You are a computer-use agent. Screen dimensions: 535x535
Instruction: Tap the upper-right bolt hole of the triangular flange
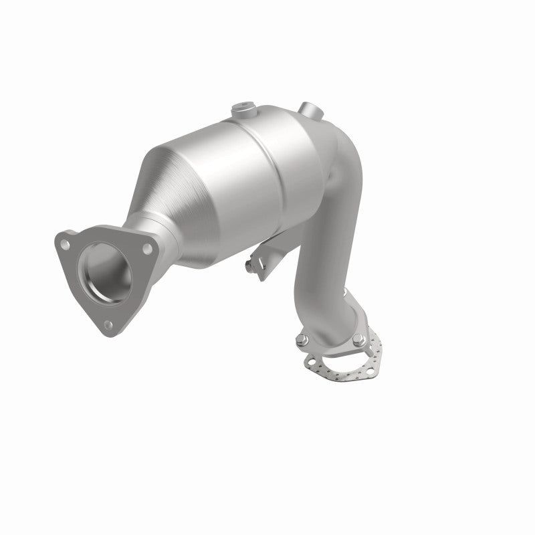(x=146, y=248)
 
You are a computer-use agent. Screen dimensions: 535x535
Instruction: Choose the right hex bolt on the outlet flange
(x=359, y=338)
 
